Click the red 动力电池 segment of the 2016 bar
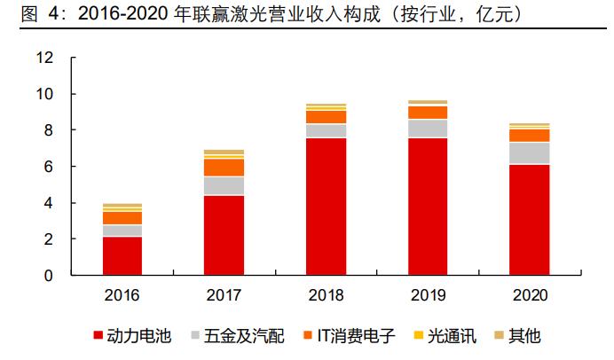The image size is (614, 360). (x=122, y=255)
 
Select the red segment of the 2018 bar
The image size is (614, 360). (x=326, y=206)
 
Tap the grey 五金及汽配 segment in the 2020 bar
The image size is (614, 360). (x=529, y=153)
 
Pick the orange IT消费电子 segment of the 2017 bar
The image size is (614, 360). (x=224, y=168)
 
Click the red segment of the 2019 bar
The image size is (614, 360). (x=428, y=206)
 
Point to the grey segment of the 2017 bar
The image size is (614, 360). (x=224, y=185)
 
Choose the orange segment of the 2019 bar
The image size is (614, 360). (x=428, y=113)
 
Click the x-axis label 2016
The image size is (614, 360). (x=122, y=294)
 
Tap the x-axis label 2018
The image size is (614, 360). (x=326, y=294)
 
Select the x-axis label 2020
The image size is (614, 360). (x=529, y=294)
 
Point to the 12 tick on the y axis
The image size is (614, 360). (x=44, y=59)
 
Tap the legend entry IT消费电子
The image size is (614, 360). (x=338, y=336)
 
